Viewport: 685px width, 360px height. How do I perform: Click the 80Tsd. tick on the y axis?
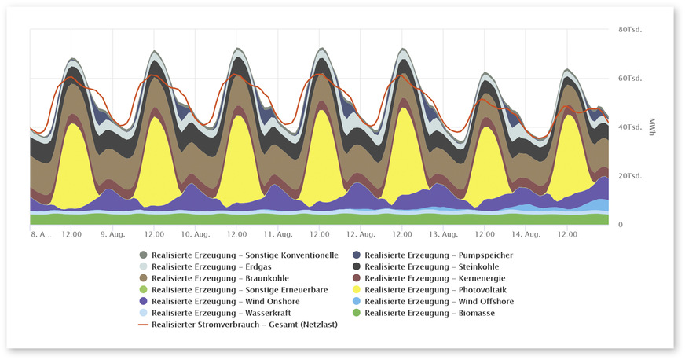(631, 30)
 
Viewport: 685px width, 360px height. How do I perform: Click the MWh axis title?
(651, 127)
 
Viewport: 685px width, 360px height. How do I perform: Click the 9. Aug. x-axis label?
(112, 234)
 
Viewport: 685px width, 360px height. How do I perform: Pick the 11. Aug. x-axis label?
(278, 234)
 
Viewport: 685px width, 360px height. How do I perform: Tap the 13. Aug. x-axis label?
(444, 234)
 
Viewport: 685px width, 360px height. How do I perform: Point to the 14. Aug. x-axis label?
(526, 234)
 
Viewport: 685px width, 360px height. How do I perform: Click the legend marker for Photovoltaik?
(356, 290)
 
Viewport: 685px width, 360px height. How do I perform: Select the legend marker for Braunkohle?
(142, 278)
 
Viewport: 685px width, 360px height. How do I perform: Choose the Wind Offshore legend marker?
(356, 302)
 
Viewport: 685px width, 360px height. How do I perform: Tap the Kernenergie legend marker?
(356, 278)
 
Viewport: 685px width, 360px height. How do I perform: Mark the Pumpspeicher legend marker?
(356, 255)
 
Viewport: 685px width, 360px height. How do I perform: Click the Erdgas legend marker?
(142, 267)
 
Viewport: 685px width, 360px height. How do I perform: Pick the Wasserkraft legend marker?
(142, 314)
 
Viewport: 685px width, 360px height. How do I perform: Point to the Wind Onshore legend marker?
(142, 302)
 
